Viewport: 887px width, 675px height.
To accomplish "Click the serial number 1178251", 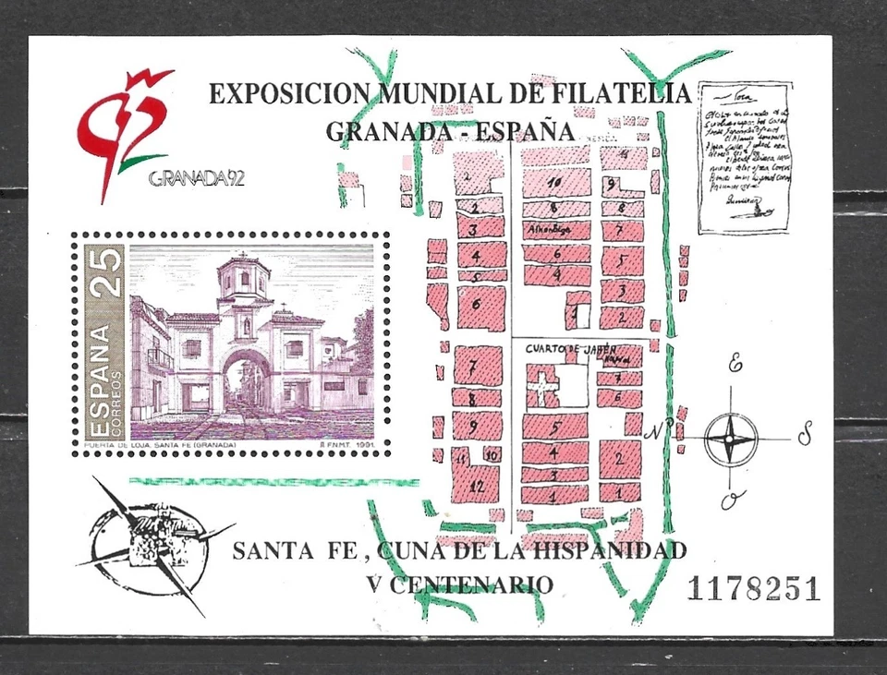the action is click(x=753, y=588).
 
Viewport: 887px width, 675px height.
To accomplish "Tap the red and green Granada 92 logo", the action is click(x=126, y=129).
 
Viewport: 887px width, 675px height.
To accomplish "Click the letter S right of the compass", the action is click(x=806, y=433).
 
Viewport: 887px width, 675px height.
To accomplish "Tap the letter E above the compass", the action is click(x=735, y=364).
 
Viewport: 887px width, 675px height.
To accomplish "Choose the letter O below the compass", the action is click(x=729, y=500).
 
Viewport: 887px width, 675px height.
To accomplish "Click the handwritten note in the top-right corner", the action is click(x=743, y=155).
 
